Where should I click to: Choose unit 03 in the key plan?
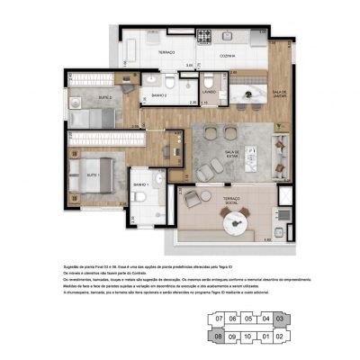point(280,318)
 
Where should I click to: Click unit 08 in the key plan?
point(218,337)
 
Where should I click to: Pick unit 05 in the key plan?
point(248,318)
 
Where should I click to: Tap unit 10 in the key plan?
point(248,337)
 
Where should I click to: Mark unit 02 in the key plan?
point(280,337)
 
